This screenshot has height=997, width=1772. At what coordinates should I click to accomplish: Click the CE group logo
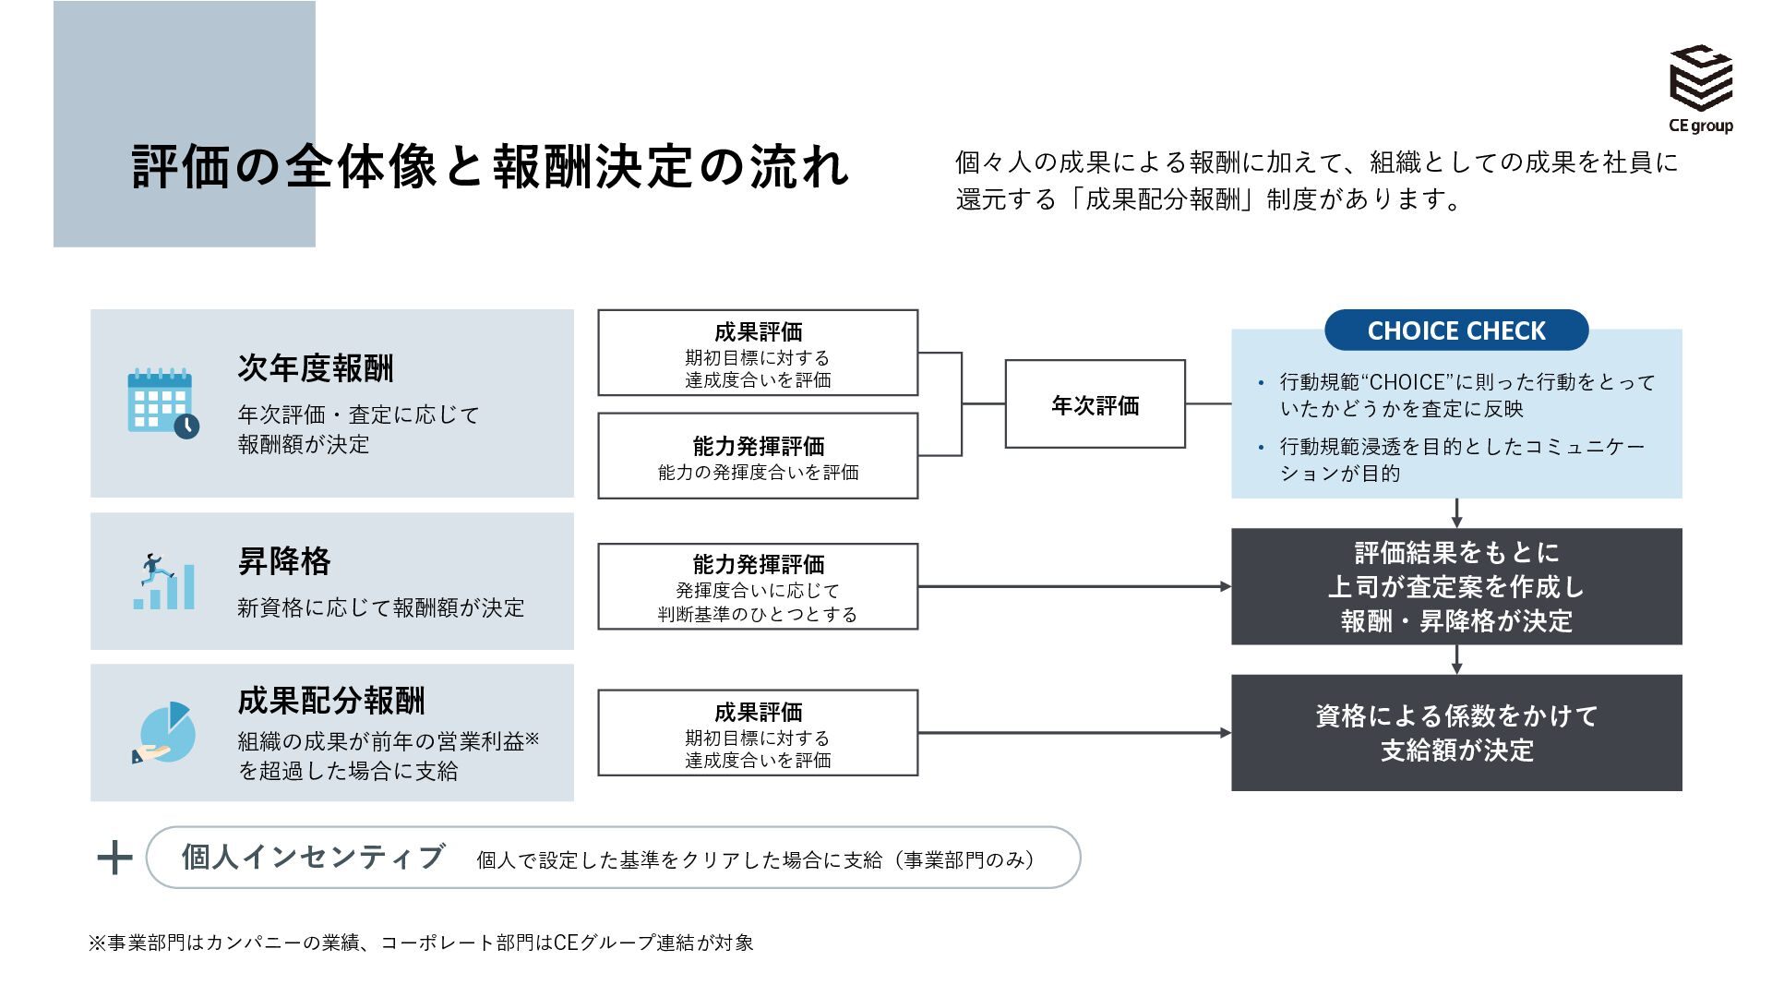[x=1701, y=89]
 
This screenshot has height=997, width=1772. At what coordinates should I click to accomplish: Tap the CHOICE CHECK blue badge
[x=1456, y=330]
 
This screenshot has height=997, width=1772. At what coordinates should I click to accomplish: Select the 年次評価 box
[x=1095, y=404]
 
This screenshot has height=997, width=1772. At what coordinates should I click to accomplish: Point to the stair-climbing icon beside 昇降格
[x=164, y=582]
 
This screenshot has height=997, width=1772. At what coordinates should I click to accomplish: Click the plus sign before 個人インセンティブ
[x=114, y=858]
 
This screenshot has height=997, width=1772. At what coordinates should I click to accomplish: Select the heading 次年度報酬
[x=316, y=368]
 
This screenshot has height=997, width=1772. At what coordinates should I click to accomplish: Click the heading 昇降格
[x=284, y=561]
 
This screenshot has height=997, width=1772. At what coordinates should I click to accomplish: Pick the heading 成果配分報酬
[x=331, y=701]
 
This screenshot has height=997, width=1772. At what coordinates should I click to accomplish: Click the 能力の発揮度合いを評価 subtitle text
[x=758, y=473]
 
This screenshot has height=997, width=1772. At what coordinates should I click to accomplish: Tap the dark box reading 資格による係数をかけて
[x=1456, y=733]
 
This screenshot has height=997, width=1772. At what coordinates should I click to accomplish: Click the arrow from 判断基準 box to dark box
[x=1075, y=586]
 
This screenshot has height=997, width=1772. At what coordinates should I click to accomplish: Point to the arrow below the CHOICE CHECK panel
[x=1456, y=513]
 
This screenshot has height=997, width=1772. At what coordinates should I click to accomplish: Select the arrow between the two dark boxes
[x=1456, y=660]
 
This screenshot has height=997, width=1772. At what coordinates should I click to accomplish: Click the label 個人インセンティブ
[x=313, y=857]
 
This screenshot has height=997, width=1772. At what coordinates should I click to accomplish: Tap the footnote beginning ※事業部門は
[x=421, y=943]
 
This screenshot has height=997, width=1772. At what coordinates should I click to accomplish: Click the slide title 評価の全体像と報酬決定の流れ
[x=491, y=167]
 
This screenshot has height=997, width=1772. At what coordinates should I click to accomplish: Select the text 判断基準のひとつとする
[x=758, y=615]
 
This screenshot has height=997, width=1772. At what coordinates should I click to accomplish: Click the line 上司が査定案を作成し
[x=1456, y=587]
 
